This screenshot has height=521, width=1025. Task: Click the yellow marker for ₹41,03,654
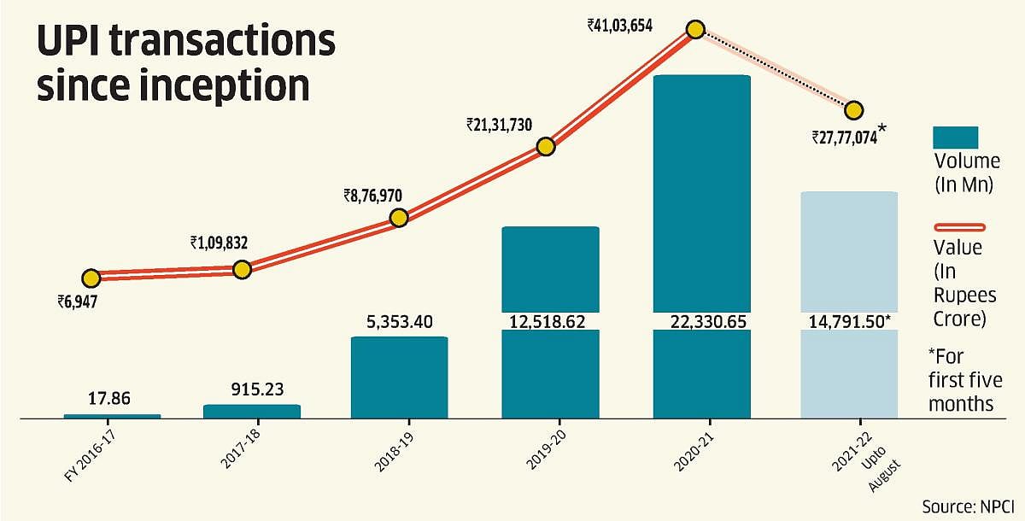[x=695, y=30]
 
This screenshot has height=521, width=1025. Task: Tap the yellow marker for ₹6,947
[x=91, y=278]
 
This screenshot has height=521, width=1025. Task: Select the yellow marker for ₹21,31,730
[x=546, y=147]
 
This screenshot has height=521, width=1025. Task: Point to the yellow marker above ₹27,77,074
[x=853, y=110]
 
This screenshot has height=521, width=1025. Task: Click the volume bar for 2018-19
[x=399, y=378]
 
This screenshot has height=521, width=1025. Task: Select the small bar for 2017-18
[x=251, y=412]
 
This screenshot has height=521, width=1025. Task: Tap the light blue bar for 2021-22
[x=849, y=256]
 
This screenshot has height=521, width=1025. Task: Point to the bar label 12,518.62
[x=550, y=321]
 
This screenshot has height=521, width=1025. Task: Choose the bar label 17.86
[x=112, y=398]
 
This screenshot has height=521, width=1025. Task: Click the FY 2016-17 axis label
[x=88, y=452]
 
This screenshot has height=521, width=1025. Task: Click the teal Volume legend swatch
[x=955, y=138]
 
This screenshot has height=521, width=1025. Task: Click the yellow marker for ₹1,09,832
[x=242, y=270]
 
